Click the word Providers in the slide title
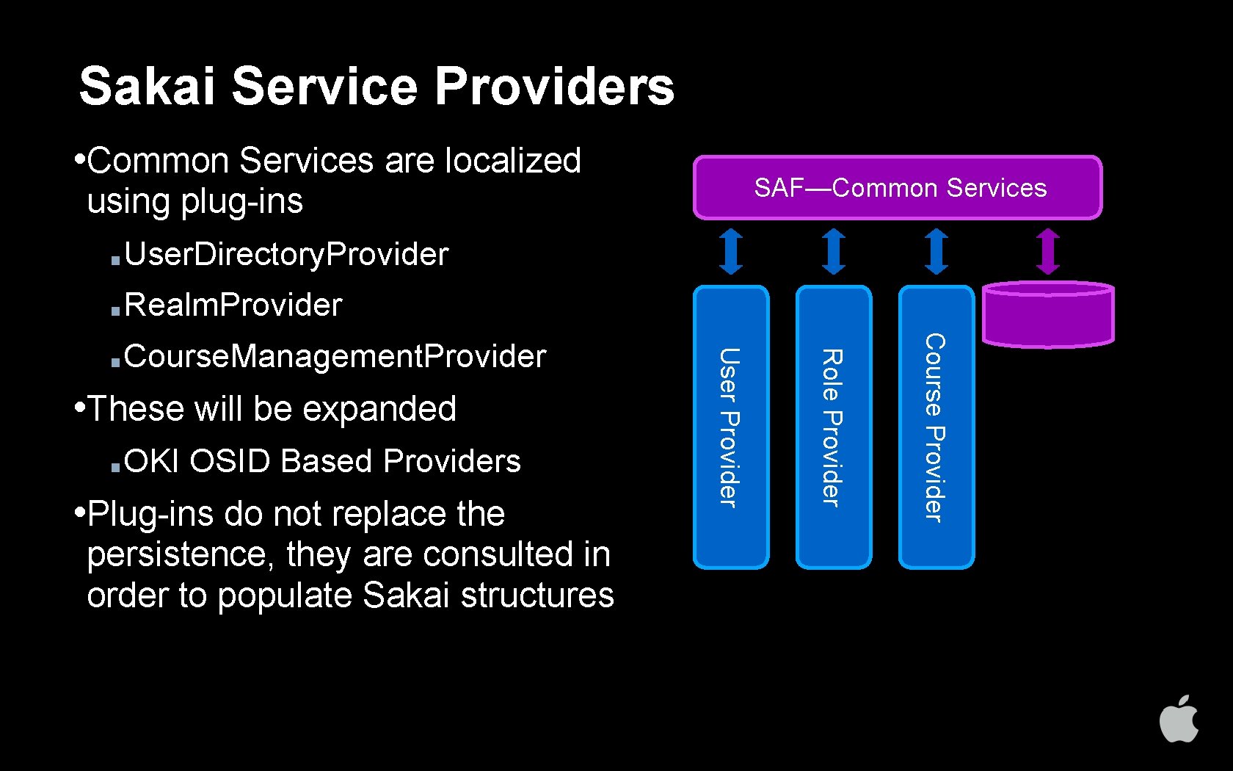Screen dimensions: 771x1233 [554, 86]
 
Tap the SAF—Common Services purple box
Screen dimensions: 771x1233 [898, 188]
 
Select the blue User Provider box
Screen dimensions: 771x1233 [731, 427]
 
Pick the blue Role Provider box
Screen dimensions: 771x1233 [834, 427]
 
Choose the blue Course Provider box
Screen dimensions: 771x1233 [936, 427]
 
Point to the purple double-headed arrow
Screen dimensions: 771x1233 [1048, 251]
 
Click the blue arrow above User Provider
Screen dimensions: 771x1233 [731, 251]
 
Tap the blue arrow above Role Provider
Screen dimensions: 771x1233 [834, 251]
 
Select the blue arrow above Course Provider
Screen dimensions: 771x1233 [936, 251]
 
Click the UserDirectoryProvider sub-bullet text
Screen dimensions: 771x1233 [286, 255]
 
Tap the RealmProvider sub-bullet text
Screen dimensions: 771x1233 [233, 305]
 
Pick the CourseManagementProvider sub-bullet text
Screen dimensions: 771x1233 [335, 357]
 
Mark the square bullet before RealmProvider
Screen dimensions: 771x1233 [115, 311]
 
